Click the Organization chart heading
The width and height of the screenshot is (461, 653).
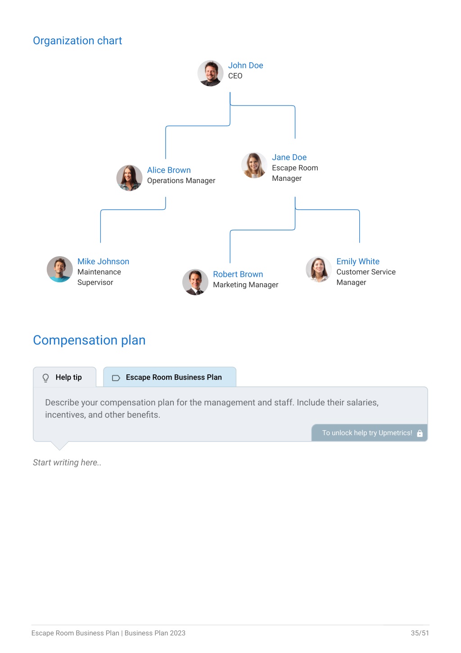click(x=77, y=41)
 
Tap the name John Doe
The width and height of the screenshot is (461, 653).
click(x=245, y=65)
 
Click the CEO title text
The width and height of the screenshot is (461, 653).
click(x=235, y=76)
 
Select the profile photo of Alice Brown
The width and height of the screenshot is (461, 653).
click(x=129, y=178)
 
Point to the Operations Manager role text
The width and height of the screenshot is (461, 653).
click(x=181, y=180)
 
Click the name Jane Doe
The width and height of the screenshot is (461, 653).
click(x=289, y=157)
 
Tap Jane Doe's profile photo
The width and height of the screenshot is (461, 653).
click(x=254, y=166)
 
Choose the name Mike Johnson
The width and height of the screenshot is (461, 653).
click(x=103, y=261)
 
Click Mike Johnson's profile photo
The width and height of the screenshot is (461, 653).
click(x=60, y=269)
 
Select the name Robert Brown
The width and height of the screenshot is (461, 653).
click(x=238, y=274)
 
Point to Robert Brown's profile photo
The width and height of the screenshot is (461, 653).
click(x=195, y=282)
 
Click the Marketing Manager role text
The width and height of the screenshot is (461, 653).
click(x=246, y=285)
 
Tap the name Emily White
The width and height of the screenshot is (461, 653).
click(x=358, y=261)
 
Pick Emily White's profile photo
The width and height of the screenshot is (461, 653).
click(x=318, y=269)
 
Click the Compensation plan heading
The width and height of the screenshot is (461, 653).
click(x=89, y=340)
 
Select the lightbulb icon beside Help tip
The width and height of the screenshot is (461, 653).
click(x=45, y=378)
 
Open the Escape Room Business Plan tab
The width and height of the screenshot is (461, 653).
click(x=170, y=377)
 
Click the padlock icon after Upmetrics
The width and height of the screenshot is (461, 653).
click(x=420, y=433)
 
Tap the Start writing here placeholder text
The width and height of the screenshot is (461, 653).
click(x=67, y=462)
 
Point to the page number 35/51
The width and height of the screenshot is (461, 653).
click(x=420, y=633)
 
